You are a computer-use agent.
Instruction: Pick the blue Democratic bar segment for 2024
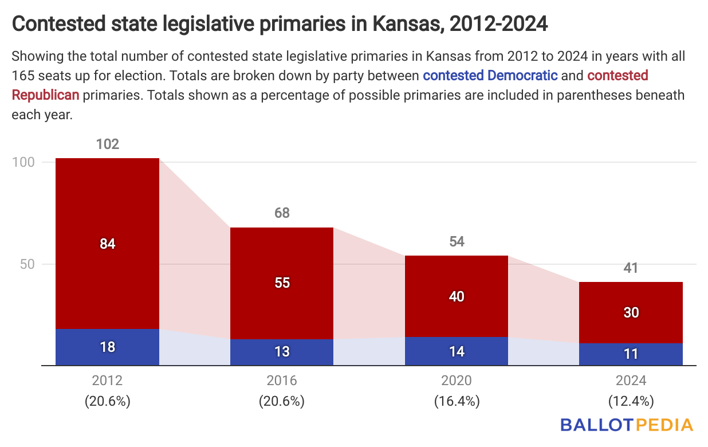[x=631, y=354]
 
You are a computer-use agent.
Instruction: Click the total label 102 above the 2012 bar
[x=107, y=144]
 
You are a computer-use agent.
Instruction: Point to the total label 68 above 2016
[x=282, y=213]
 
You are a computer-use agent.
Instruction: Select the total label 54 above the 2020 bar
[x=456, y=241]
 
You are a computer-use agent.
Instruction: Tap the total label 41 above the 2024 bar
[x=631, y=268]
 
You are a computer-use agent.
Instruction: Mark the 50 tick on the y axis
[x=27, y=264]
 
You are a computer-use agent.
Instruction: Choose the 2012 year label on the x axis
[x=107, y=381]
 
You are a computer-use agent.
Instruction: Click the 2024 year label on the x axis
[x=631, y=381]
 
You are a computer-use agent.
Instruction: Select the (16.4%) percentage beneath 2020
[x=456, y=401]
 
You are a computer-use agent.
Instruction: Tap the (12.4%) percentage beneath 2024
[x=631, y=401]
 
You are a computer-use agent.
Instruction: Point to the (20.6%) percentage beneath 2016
[x=282, y=401]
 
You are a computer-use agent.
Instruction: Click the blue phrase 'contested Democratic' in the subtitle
[x=490, y=75]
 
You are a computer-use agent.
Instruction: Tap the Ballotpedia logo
[x=627, y=425]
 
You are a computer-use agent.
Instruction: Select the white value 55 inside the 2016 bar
[x=282, y=283]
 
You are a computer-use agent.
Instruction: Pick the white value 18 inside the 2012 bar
[x=107, y=347]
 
